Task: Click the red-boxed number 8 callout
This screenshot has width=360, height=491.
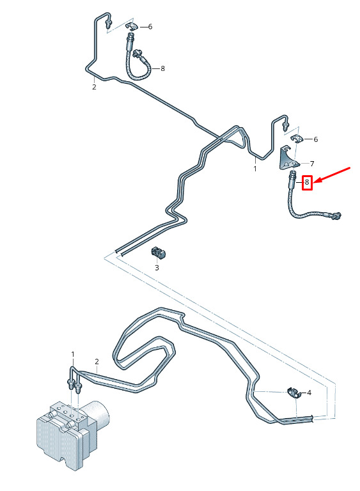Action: (x=307, y=182)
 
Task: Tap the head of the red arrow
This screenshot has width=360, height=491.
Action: (x=315, y=182)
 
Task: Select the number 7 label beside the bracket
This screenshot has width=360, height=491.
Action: (x=312, y=164)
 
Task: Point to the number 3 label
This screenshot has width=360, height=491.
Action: (x=157, y=268)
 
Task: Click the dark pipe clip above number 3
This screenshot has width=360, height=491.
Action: (x=159, y=253)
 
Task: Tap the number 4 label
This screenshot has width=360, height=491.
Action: (x=309, y=393)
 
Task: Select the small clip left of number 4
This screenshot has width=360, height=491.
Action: (x=294, y=393)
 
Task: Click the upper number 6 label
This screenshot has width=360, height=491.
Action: (x=150, y=27)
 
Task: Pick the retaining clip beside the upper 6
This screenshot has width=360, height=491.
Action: (x=132, y=27)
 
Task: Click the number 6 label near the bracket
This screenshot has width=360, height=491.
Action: (x=315, y=139)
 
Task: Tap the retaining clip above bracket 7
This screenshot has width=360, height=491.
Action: (x=297, y=138)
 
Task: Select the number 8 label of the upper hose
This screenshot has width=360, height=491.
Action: (x=162, y=68)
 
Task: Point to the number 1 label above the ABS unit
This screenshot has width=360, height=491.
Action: (x=73, y=354)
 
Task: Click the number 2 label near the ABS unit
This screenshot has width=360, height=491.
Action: (x=97, y=362)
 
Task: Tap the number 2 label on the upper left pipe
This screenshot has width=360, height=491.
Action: (x=94, y=87)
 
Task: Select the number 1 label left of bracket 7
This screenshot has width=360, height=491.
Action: (x=255, y=169)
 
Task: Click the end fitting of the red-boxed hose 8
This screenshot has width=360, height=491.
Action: (x=336, y=215)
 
